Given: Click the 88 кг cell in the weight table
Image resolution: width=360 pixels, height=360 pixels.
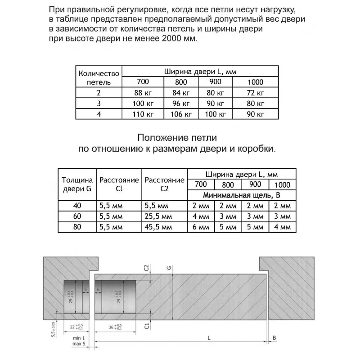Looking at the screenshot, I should coord(143,93).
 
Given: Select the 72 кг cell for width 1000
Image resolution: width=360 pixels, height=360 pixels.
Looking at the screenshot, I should coord(255,93).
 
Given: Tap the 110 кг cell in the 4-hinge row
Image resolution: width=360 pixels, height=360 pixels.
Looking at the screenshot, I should coord(143,114).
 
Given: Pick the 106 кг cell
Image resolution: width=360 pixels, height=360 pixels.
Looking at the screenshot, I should coord(180,114).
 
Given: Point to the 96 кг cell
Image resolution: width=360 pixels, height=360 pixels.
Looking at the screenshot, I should coord(180,103).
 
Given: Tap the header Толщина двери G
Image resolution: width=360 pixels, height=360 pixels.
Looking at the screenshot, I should coord(77,184).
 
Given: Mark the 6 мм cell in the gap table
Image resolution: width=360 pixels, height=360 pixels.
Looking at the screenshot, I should coord(200,227).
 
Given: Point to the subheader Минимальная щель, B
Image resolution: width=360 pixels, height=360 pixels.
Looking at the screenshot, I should coord(241,195).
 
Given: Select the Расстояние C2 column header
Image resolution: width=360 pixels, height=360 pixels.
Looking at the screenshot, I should coord(164,184).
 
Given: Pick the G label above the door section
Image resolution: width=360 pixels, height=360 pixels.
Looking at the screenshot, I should coord(169,268).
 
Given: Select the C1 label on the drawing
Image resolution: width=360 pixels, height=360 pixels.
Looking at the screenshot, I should coord(147,324).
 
